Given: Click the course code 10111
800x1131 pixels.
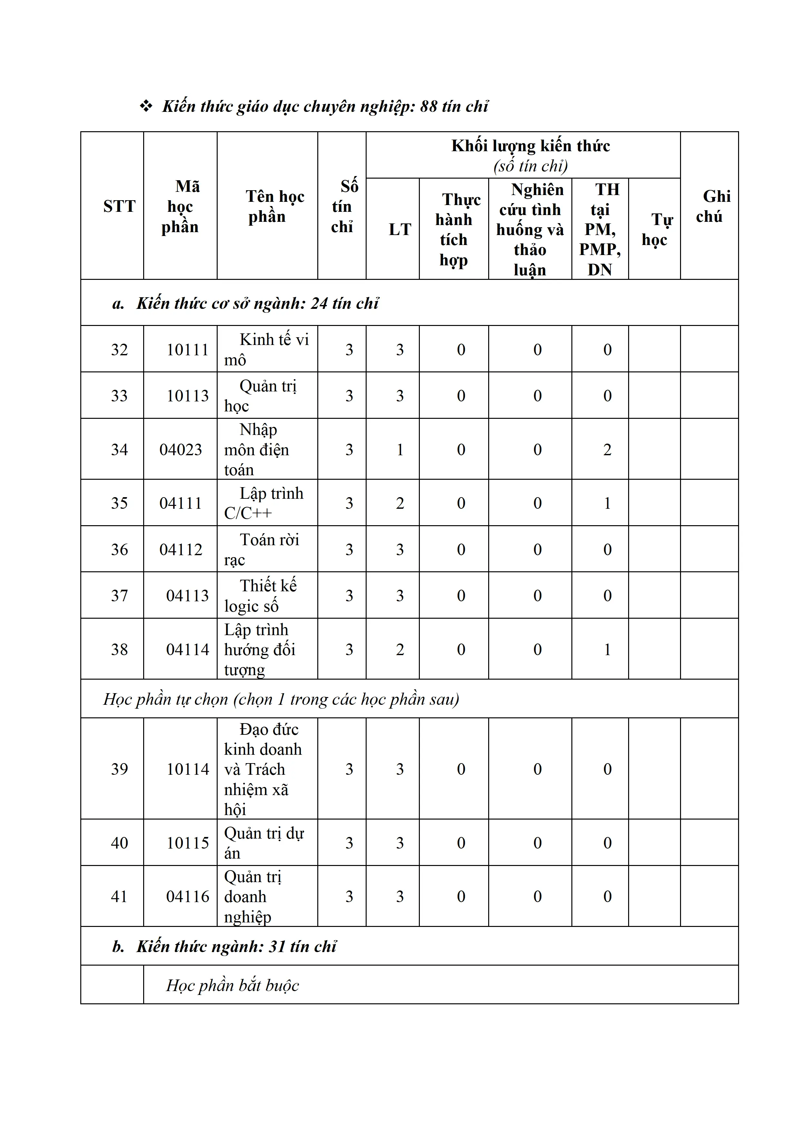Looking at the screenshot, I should pos(188,350).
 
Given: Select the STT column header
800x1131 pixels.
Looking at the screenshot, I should pos(119,206).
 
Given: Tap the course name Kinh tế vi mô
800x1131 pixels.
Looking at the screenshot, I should pos(266,350).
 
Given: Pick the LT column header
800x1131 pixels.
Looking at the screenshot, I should pos(400,230).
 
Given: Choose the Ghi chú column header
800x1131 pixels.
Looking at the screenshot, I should pos(709,206).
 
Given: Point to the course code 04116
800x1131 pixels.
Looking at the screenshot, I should pos(188,897).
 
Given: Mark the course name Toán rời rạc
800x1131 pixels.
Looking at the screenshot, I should pos(262,550).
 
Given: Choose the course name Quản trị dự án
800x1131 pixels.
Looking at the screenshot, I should pos(264,843).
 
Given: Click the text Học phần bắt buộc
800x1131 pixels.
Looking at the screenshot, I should pos(232,985).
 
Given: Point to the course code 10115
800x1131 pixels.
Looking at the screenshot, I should pos(188,843).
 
